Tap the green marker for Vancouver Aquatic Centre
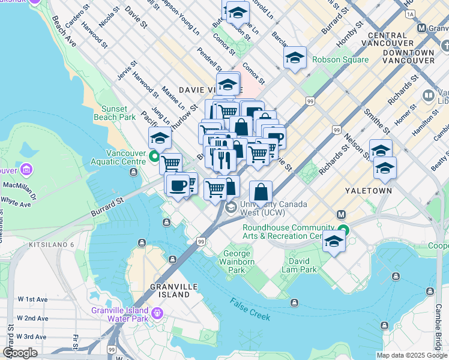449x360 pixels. click(154, 158)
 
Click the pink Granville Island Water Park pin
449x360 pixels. click(157, 312)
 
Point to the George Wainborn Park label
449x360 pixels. click(238, 262)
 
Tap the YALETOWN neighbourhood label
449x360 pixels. click(369, 190)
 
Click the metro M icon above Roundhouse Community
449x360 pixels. click(342, 214)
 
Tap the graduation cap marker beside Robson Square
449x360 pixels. click(294, 58)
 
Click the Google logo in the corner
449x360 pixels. click(20, 352)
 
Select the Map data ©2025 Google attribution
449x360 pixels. click(411, 355)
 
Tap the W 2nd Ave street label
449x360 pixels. click(32, 318)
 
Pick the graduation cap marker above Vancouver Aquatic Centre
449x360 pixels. click(160, 139)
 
